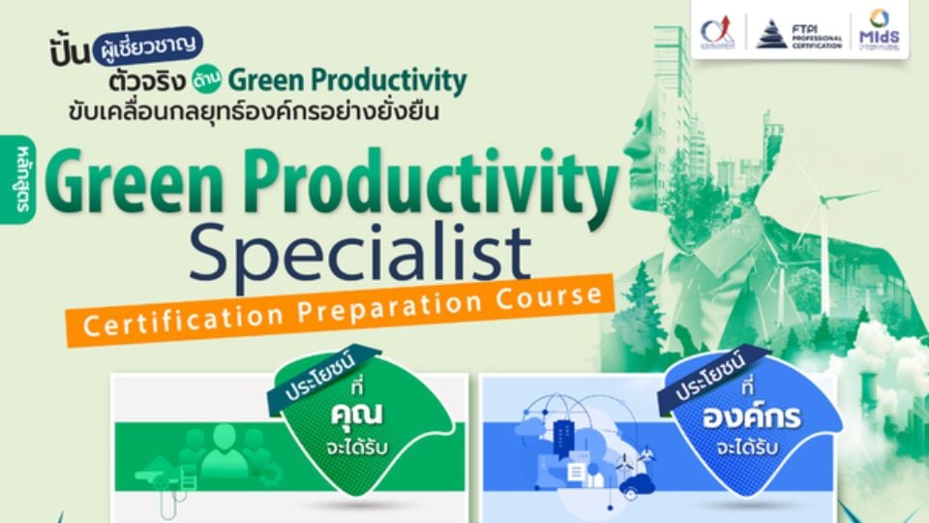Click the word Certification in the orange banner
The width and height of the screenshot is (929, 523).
coord(184,320)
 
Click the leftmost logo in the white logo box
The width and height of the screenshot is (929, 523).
coord(717,33)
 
